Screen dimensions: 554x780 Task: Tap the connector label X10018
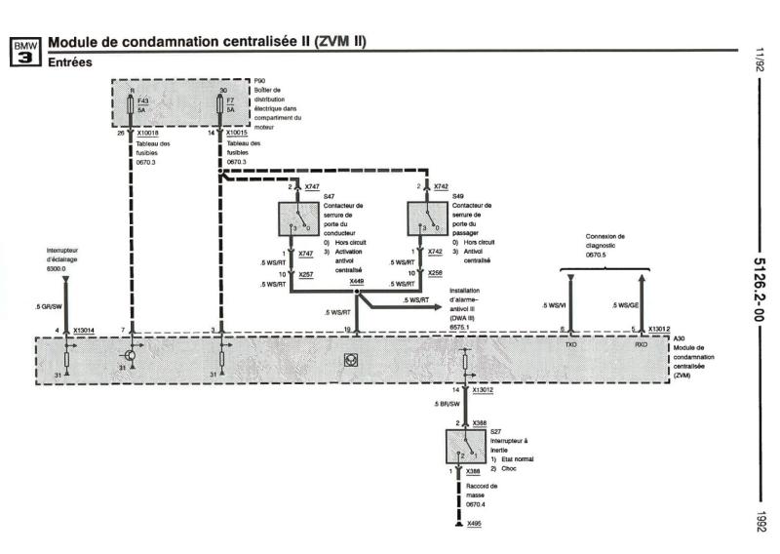[x=148, y=133]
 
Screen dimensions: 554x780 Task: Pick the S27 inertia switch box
[x=467, y=449]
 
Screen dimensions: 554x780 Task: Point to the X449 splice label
[x=358, y=282]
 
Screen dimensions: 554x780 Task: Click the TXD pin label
[x=570, y=344]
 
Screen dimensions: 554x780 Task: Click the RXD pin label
[x=640, y=344]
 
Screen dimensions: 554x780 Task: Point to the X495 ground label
[x=474, y=525]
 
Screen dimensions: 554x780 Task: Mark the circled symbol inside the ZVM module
[x=348, y=360]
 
